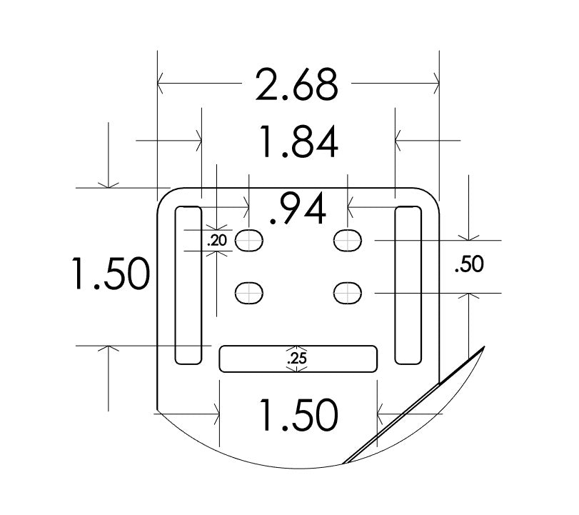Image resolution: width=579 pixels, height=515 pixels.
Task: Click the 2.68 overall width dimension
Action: pos(296,84)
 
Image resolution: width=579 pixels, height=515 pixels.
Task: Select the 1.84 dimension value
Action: pos(298,141)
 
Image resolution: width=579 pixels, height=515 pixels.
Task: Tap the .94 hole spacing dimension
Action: pos(299,209)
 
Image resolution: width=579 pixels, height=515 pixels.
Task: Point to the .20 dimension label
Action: pos(217,241)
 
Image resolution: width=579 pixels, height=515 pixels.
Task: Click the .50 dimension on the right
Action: pos(468,265)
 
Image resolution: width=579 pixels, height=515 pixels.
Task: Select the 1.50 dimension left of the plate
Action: pos(109,273)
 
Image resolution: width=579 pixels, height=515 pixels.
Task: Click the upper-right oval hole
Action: pos(348,240)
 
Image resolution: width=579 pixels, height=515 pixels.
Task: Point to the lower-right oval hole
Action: pos(348,292)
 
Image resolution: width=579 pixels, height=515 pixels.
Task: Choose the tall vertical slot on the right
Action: pos(408,285)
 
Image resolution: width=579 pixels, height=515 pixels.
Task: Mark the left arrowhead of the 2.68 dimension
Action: pos(162,84)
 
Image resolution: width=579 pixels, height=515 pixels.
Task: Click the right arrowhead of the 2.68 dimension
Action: pos(434,84)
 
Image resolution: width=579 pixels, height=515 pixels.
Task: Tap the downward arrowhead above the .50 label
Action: pos(468,236)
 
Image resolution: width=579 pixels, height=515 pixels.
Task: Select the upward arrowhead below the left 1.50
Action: pos(108,351)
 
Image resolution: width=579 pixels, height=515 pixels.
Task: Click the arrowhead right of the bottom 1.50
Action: pos(382,413)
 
